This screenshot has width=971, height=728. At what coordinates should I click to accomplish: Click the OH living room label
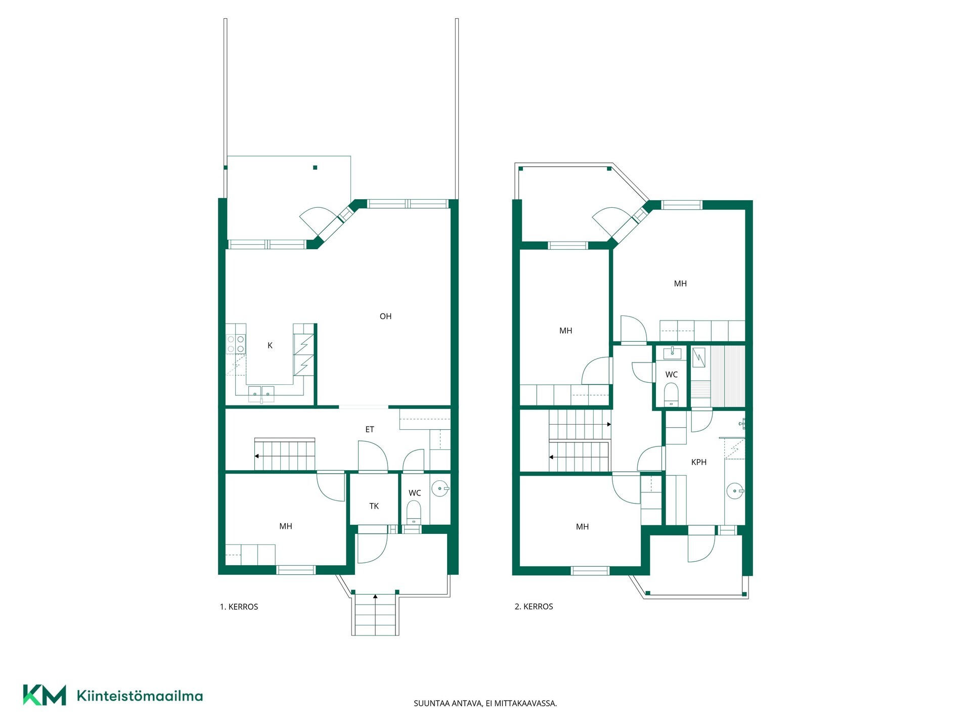(x=385, y=316)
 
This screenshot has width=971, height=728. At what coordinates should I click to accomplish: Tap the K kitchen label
(x=270, y=346)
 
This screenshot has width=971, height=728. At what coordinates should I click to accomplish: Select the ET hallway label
(x=370, y=429)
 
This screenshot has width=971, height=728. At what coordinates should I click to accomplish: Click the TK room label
(x=374, y=506)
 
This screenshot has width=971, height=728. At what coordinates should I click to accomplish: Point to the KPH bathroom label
(x=699, y=462)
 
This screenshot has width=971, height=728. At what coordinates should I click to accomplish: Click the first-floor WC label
(x=415, y=493)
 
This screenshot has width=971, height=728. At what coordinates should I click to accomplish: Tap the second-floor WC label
(x=672, y=375)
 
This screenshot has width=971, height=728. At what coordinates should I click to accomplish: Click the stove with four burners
(x=236, y=344)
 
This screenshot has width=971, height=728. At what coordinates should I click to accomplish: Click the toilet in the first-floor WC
(x=414, y=513)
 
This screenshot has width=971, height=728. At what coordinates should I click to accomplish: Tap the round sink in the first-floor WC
(x=440, y=489)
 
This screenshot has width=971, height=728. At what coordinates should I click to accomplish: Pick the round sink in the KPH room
(x=735, y=491)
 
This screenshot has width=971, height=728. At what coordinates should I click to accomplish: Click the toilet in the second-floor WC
(x=671, y=394)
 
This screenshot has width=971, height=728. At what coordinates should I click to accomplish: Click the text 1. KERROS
(x=239, y=607)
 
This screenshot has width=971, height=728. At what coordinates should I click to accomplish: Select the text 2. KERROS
(x=534, y=607)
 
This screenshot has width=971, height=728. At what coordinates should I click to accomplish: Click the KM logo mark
(x=45, y=695)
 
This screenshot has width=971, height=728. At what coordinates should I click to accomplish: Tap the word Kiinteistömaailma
(x=140, y=696)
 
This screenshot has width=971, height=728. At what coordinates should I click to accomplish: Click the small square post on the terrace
(x=315, y=168)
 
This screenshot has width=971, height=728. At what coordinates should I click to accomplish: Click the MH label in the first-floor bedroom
(x=286, y=526)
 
